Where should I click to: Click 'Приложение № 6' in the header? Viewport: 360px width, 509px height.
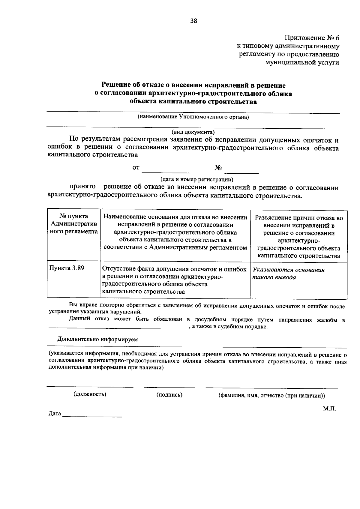(312, 38)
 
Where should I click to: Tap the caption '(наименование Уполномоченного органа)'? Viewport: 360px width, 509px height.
(193, 117)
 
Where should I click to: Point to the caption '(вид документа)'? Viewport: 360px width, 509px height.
(193, 132)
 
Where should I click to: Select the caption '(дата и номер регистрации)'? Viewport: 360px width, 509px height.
(197, 180)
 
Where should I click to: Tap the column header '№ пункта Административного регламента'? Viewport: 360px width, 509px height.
(73, 224)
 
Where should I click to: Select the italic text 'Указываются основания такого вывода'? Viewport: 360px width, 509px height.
(288, 273)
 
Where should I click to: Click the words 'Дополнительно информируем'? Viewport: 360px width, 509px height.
(97, 340)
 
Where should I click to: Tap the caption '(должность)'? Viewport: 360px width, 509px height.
(90, 394)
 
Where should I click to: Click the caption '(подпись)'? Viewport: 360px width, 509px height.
(169, 395)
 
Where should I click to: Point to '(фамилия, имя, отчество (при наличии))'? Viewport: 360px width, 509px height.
(271, 395)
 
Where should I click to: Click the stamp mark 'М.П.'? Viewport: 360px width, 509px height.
(329, 409)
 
